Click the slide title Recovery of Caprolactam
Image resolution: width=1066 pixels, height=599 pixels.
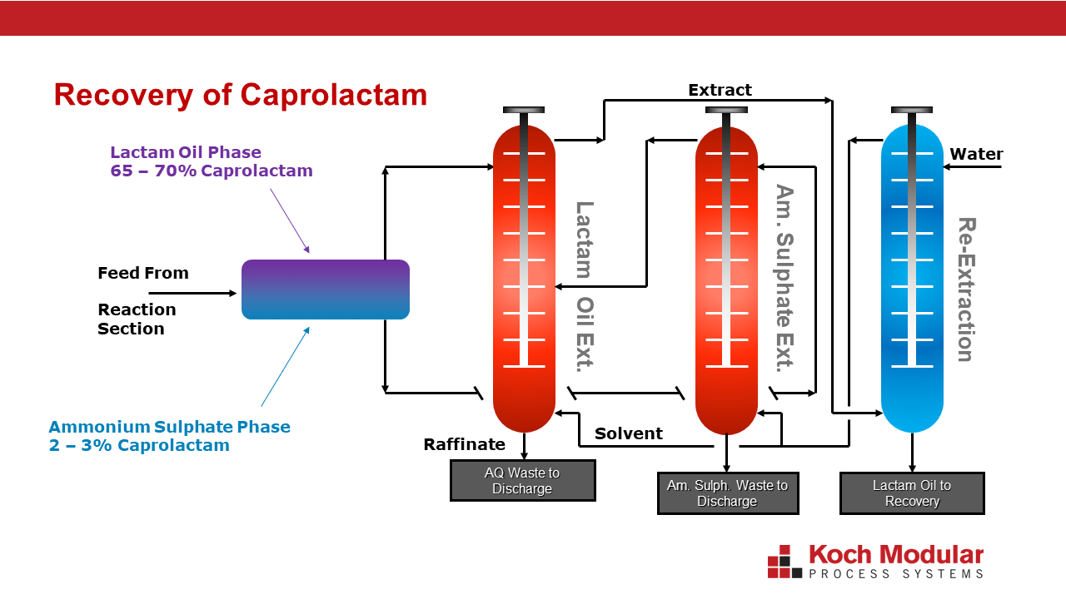(240, 95)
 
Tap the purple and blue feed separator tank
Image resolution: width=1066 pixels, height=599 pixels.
(326, 290)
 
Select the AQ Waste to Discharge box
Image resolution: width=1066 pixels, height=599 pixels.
(522, 481)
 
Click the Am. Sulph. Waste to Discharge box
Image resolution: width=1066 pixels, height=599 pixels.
(727, 493)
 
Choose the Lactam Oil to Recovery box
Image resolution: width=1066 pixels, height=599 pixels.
(912, 493)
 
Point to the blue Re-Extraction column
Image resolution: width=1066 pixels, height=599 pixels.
(912, 279)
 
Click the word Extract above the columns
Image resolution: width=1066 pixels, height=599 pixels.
(720, 90)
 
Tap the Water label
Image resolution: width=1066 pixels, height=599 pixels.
(976, 154)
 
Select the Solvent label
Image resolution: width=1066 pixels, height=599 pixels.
(628, 433)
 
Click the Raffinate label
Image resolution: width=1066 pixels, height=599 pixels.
(465, 444)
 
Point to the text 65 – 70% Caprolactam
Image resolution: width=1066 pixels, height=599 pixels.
(212, 171)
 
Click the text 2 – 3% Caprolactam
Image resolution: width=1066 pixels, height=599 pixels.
(139, 445)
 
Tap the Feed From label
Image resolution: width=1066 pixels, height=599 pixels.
(143, 273)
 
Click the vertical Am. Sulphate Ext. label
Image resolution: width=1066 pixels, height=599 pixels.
(785, 279)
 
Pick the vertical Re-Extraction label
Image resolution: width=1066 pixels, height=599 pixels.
(965, 290)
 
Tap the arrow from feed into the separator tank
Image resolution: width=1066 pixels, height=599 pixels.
(192, 293)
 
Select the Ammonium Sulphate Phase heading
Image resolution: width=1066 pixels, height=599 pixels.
(170, 427)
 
